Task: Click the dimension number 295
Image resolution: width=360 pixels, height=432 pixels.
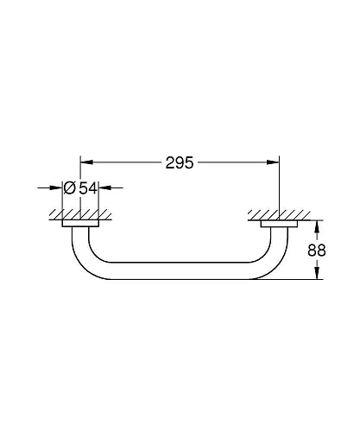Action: (x=180, y=162)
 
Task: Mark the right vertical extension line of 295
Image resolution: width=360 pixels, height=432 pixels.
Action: (x=280, y=186)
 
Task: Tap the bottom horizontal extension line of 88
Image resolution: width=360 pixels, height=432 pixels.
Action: (x=294, y=278)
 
